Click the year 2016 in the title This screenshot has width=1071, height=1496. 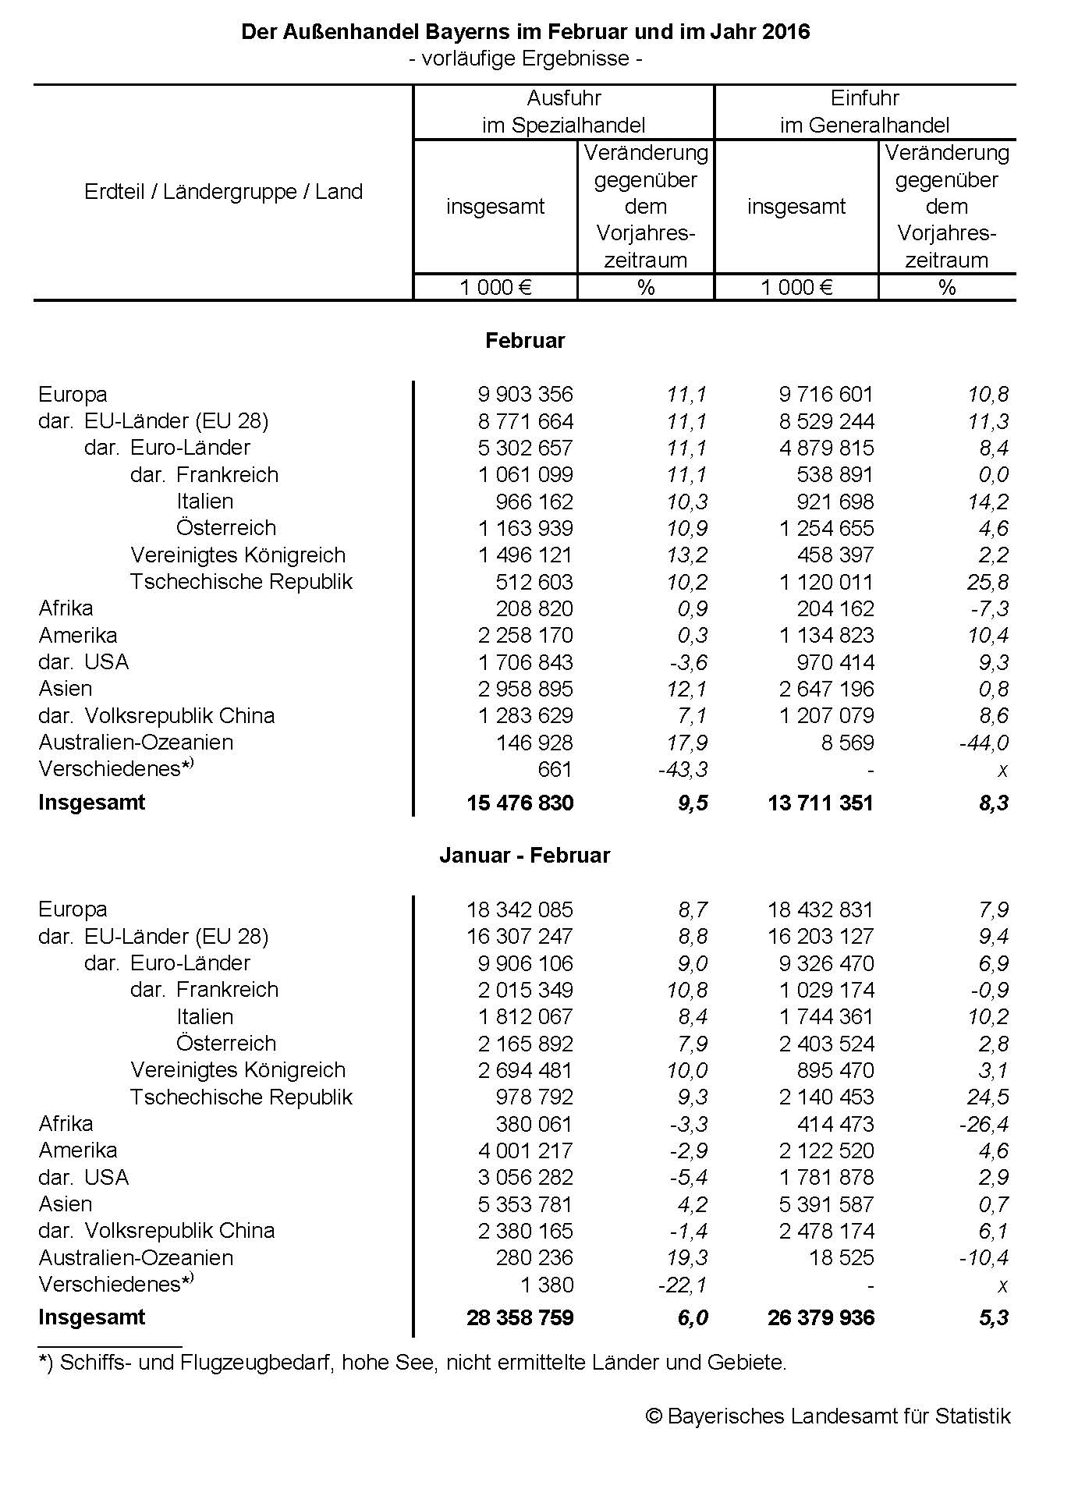click(x=786, y=32)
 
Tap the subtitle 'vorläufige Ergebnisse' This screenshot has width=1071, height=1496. click(x=525, y=58)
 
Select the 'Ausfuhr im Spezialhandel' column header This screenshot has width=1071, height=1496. click(x=563, y=112)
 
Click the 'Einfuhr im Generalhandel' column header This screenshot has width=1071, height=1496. click(x=864, y=112)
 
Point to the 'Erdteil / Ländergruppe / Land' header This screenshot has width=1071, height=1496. click(x=223, y=192)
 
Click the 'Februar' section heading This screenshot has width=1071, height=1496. click(x=525, y=341)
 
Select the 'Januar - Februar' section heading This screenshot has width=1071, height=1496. click(x=524, y=856)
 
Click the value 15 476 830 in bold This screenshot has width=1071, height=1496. click(x=520, y=803)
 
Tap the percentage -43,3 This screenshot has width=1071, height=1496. click(x=683, y=770)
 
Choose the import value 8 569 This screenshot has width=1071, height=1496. click(x=847, y=743)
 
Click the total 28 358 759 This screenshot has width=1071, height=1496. click(x=520, y=1318)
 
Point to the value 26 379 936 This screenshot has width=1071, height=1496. click(x=821, y=1318)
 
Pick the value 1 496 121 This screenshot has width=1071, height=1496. click(x=525, y=555)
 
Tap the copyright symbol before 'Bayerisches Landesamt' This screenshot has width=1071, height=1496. click(x=654, y=1416)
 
